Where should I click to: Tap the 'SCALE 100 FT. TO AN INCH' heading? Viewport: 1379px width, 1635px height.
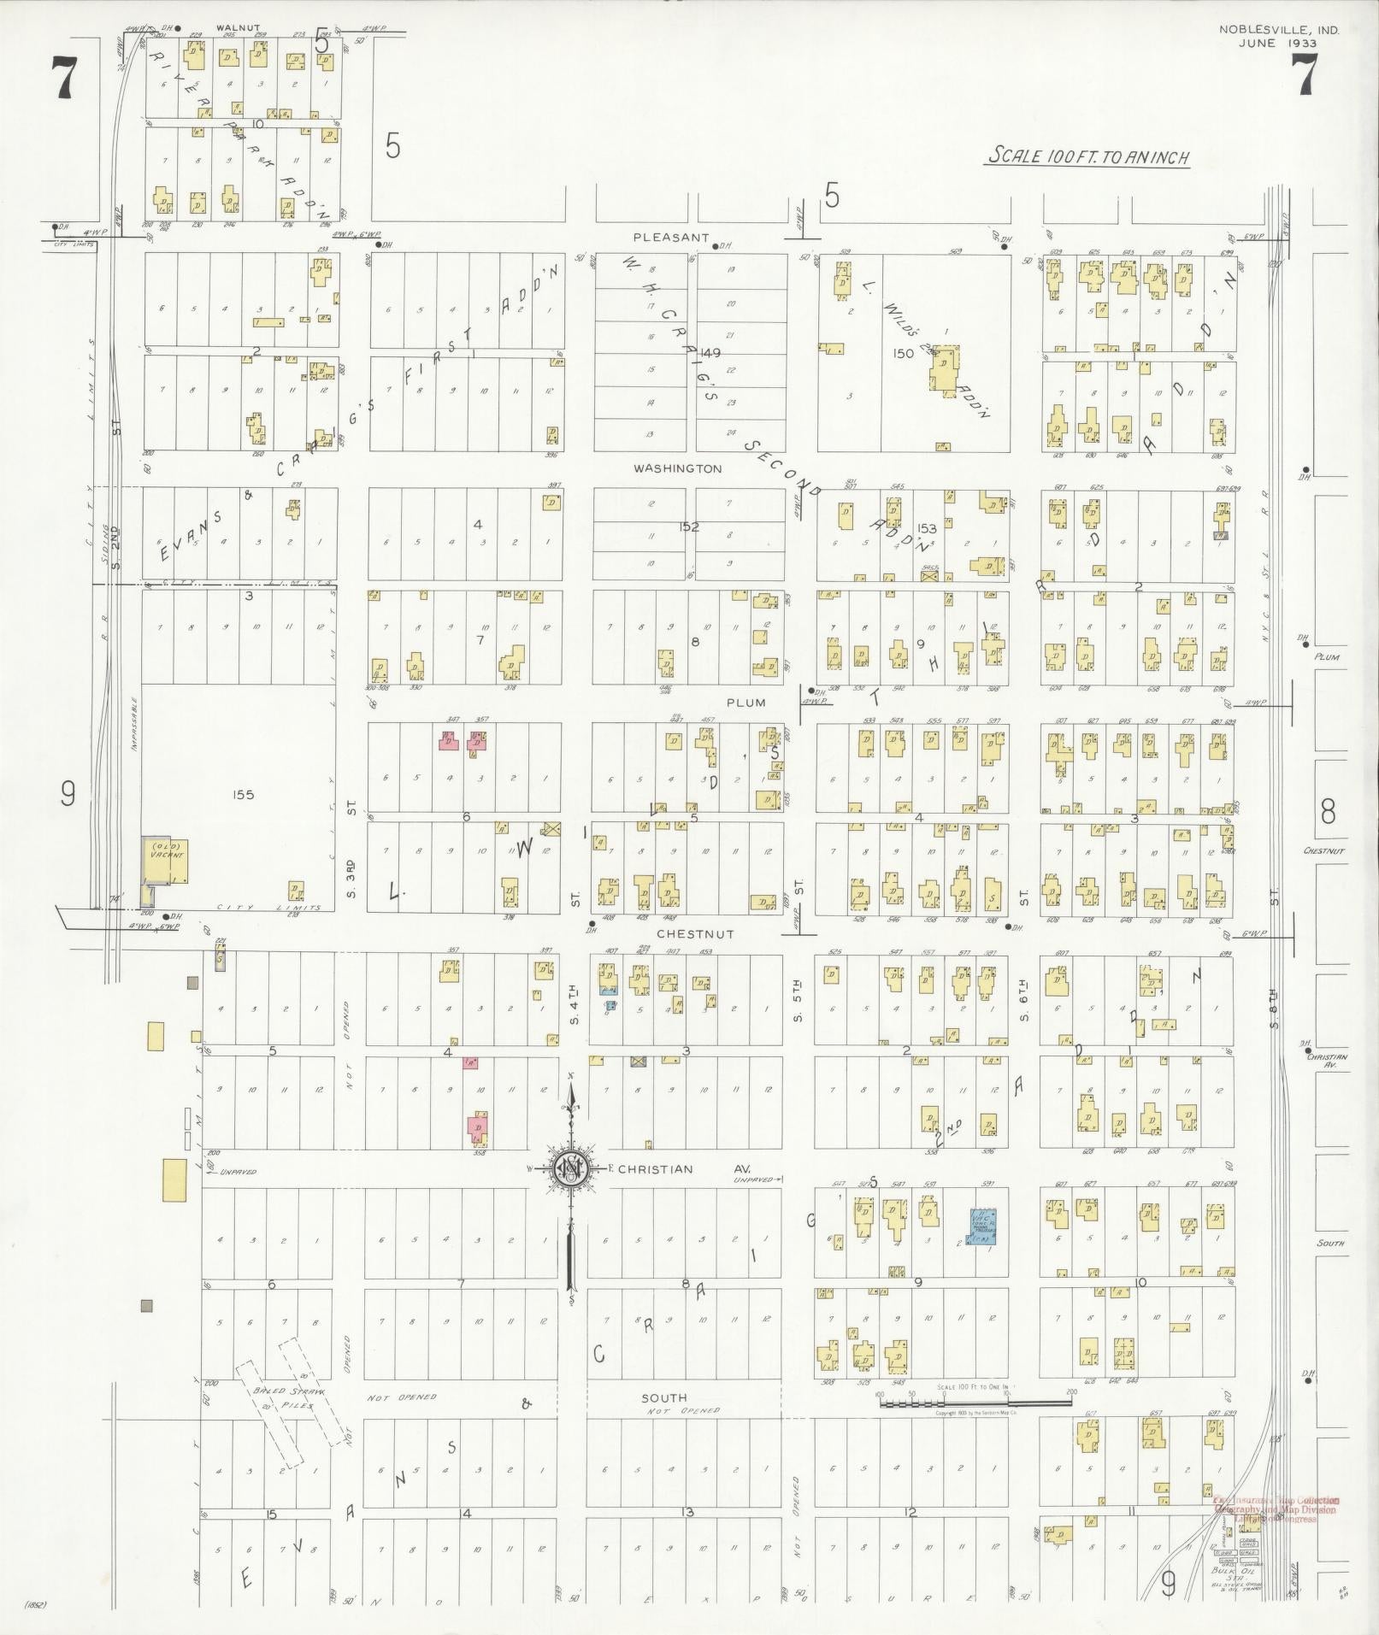tap(1086, 157)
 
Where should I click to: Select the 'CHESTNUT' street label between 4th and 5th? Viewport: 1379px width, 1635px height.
tap(694, 934)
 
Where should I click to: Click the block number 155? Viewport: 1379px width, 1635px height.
tap(243, 795)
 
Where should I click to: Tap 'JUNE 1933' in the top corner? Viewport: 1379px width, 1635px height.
tap(1279, 43)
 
